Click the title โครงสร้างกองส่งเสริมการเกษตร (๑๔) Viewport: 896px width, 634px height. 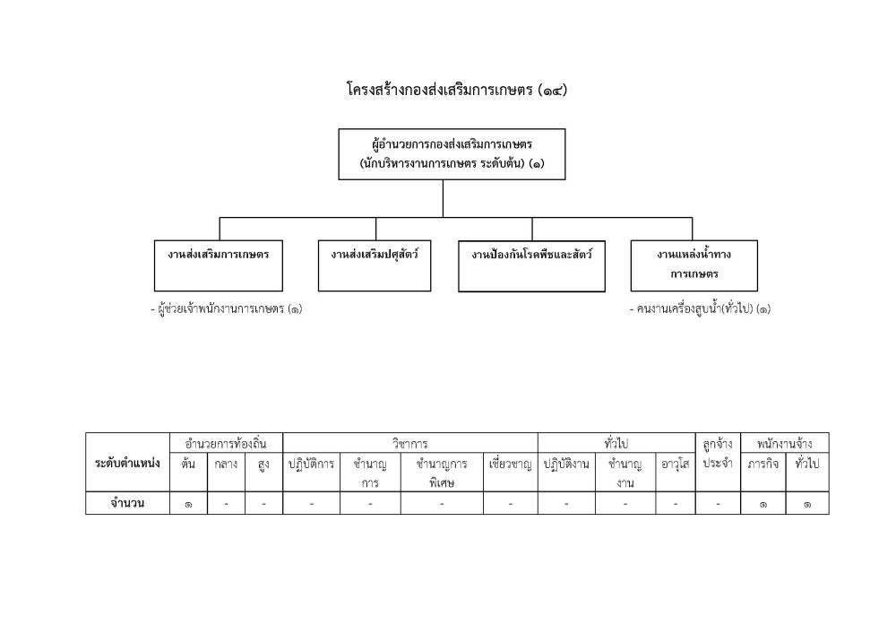[x=457, y=90]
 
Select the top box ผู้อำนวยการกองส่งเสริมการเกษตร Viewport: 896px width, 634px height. [x=452, y=154]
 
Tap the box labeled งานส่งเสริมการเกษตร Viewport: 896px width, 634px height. [x=219, y=265]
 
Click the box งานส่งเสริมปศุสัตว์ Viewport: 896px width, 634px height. [x=375, y=265]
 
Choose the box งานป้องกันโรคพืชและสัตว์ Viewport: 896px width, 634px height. [x=531, y=266]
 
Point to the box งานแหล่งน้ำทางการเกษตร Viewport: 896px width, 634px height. [x=694, y=265]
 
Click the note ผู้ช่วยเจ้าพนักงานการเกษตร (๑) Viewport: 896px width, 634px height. [x=227, y=308]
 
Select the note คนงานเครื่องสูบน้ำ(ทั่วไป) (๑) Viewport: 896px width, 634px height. [x=700, y=308]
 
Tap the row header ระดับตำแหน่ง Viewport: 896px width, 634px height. [x=127, y=463]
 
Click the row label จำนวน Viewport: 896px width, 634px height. [x=127, y=503]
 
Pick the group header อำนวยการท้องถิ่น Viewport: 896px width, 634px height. [x=226, y=444]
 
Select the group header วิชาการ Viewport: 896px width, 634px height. [x=409, y=444]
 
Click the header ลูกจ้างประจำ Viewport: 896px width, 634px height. [x=718, y=454]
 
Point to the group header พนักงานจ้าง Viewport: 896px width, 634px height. [x=785, y=444]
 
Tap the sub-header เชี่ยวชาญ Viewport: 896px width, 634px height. [x=511, y=464]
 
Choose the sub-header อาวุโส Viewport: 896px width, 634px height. [x=676, y=464]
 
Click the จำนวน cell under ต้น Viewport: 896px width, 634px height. [x=188, y=504]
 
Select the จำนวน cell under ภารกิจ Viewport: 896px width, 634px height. [x=762, y=504]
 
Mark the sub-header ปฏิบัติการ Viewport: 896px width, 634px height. [x=311, y=464]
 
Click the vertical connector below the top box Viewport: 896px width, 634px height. [x=443, y=198]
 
